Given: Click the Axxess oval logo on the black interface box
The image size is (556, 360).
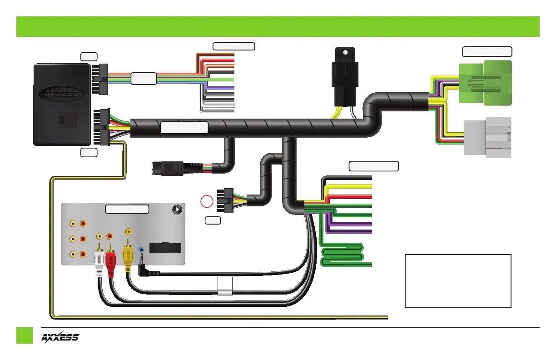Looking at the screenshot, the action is tap(61, 94).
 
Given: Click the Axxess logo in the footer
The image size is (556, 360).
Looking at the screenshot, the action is tap(60, 337).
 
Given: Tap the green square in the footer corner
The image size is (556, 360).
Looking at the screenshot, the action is tap(25, 335).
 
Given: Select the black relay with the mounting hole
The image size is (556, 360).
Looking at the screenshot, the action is tap(345, 77).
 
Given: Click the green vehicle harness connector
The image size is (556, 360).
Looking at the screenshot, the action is tap(485, 83).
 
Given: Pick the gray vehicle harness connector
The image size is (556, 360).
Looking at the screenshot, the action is tap(487, 137).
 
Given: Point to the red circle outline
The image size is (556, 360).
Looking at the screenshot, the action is tap(207, 201).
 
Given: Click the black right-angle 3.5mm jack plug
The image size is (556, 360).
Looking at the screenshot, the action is tap(148, 268).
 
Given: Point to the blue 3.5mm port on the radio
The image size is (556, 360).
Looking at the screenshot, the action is tap(141, 250).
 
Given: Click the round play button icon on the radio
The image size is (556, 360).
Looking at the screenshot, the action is tap(177, 210).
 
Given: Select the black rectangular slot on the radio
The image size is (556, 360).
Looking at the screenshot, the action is tap(165, 247).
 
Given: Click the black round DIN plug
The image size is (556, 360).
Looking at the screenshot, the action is tap(177, 168).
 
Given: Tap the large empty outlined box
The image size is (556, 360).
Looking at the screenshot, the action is tap(458, 281).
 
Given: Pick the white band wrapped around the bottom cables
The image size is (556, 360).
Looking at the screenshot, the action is tap(225, 286).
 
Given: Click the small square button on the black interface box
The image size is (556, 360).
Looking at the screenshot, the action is tap(68, 120).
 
